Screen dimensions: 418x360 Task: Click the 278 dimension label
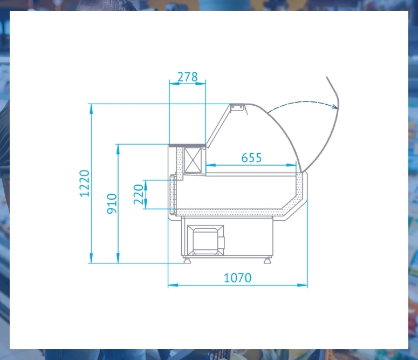pos(187,77)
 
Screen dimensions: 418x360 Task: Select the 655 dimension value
pos(251,158)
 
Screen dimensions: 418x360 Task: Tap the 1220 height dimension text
pos(85,184)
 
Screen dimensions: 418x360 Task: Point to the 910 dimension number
pos(112,203)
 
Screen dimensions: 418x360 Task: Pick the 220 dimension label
pos(139,194)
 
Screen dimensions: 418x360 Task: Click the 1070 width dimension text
pos(237,278)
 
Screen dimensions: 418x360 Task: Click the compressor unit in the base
pos(205,240)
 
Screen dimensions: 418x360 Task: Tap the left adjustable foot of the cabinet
pos(187,260)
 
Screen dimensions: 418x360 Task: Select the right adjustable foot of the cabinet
pos(268,260)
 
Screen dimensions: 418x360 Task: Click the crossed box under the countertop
pos(193,160)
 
